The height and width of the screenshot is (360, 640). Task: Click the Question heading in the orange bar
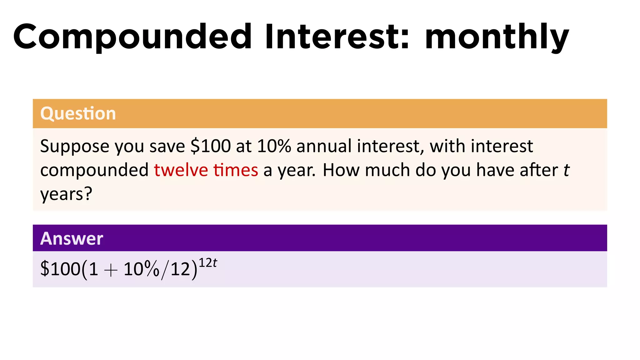[78, 113]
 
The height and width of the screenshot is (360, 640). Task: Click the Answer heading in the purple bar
[72, 238]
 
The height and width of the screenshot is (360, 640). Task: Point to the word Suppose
[75, 146]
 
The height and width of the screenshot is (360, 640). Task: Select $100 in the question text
[211, 146]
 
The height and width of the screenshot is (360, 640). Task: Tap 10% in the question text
[274, 146]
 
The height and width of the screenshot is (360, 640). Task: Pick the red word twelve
[181, 170]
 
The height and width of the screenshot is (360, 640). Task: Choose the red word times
[236, 170]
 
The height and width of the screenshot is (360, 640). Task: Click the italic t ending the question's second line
[567, 170]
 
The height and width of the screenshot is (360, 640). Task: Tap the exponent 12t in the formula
[208, 263]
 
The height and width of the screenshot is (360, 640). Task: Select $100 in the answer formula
[61, 269]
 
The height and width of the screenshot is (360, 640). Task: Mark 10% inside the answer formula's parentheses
[142, 269]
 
